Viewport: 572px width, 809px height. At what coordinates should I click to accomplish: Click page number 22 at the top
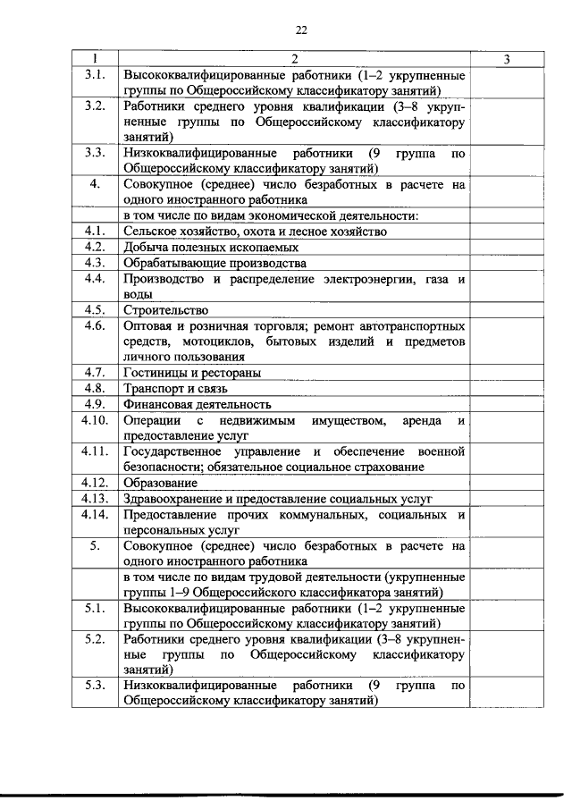[x=300, y=29]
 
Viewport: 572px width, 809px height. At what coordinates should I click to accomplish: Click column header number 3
[x=507, y=60]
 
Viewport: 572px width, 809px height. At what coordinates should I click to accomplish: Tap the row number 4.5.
[x=96, y=310]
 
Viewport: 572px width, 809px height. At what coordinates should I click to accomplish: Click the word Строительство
[x=160, y=311]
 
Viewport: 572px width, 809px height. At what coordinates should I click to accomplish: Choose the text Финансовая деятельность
[x=198, y=405]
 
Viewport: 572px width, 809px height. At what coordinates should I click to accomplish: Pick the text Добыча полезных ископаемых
[x=211, y=247]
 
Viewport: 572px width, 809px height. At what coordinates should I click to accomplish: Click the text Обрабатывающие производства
[x=214, y=263]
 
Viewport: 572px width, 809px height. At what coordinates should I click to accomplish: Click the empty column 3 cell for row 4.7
[x=507, y=373]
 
